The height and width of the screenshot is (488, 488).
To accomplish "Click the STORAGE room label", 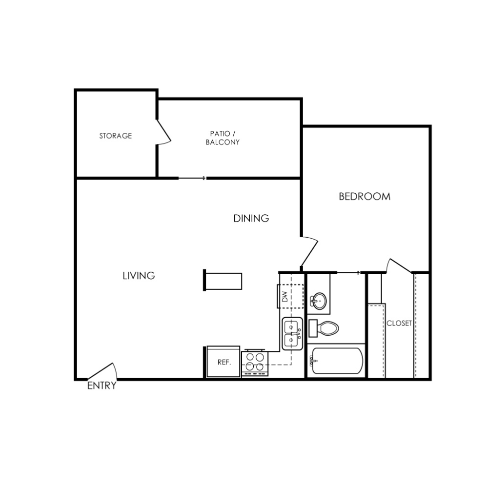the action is [116, 136].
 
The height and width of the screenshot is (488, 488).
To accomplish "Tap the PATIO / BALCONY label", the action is [223, 138].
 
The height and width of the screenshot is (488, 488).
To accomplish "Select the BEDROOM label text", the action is [365, 196].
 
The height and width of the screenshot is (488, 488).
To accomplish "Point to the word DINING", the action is [251, 218].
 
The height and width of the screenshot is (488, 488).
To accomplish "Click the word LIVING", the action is [139, 275].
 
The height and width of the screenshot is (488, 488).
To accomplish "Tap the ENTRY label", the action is [102, 386].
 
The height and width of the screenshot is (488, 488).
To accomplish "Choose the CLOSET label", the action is [399, 324].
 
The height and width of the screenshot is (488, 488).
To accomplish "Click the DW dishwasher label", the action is [285, 297].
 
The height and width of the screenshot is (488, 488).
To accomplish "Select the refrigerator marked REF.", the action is [223, 362].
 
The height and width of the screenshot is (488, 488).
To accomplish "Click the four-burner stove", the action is [255, 363].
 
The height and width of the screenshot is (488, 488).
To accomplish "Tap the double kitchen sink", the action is [292, 333].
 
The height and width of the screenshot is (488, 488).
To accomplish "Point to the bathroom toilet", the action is [324, 328].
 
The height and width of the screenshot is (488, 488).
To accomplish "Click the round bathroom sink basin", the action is [319, 301].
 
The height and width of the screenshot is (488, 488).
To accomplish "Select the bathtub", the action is [337, 361].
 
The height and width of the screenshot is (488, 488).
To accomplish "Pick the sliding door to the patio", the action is [192, 178].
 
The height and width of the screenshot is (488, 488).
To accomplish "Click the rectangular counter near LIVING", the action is [223, 281].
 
